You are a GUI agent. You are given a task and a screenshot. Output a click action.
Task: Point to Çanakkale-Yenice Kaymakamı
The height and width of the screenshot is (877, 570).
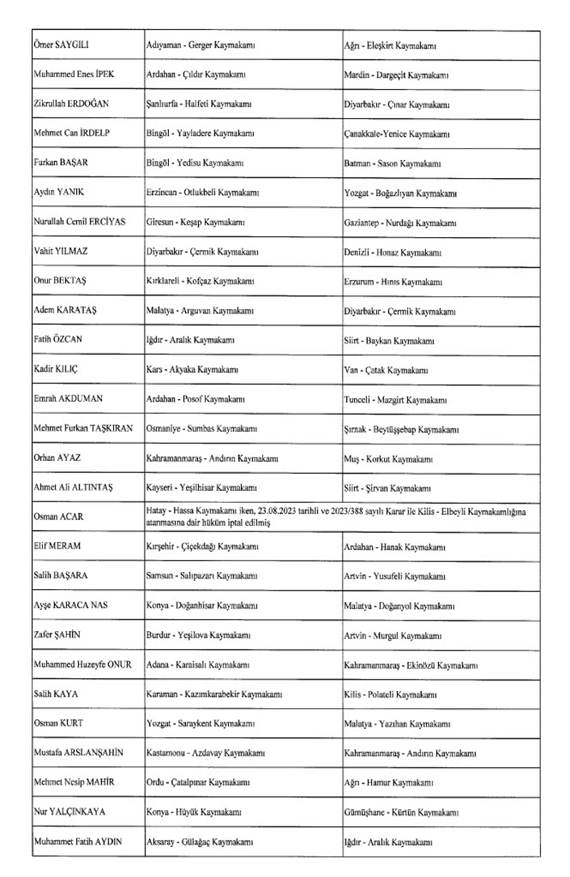pos(398,134)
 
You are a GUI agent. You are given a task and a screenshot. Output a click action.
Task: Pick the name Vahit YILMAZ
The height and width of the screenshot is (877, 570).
pos(61,251)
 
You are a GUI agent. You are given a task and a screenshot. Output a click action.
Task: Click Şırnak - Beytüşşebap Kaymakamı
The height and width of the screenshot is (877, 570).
pos(401,430)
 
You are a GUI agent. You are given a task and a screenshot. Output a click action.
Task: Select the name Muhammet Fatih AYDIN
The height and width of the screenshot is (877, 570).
pos(78,841)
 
